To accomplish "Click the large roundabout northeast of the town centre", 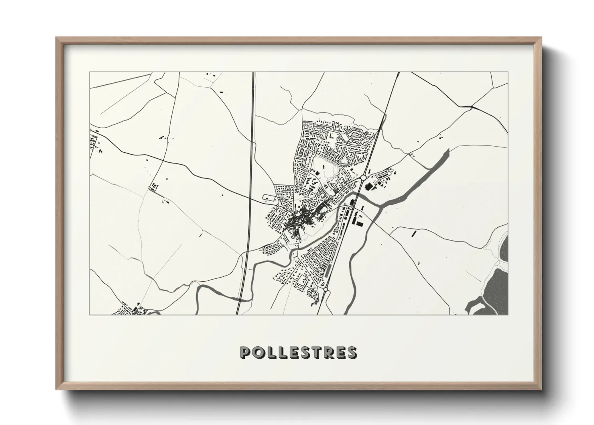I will [364, 177].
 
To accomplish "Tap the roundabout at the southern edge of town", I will [325, 289].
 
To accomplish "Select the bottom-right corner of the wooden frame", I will [541, 388].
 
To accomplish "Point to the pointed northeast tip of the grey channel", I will [447, 149].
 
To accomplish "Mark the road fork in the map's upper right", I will [471, 107].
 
